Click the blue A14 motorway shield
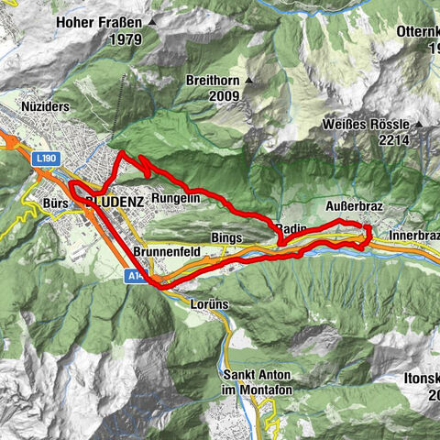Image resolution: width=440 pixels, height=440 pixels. click(x=134, y=274)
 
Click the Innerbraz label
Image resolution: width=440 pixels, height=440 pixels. click(x=414, y=236)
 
